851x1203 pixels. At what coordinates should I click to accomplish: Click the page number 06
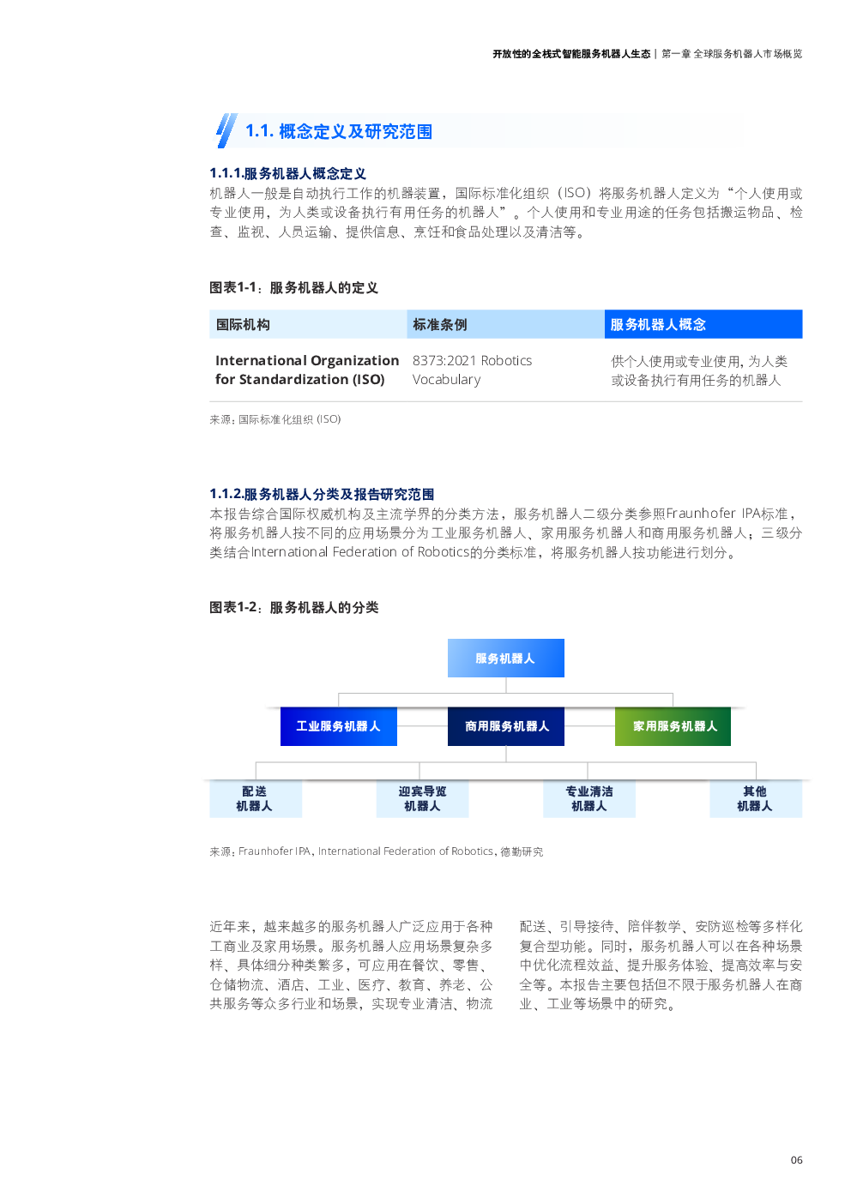tap(796, 1159)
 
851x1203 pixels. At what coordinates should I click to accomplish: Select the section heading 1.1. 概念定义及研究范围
tap(339, 131)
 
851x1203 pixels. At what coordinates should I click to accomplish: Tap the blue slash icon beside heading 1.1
tap(226, 130)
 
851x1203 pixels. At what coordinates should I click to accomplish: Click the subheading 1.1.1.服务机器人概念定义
tap(287, 173)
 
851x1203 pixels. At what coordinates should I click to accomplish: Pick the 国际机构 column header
tap(308, 324)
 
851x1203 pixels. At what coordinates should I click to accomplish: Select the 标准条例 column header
tap(505, 324)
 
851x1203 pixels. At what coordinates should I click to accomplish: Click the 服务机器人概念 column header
tap(703, 324)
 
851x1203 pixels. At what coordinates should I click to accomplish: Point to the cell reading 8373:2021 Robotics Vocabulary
tap(472, 370)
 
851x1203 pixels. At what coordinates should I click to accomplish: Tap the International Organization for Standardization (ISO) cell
tap(307, 370)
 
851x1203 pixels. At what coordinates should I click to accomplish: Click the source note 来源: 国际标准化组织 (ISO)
tap(275, 419)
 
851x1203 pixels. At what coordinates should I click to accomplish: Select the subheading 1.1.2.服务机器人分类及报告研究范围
tap(322, 494)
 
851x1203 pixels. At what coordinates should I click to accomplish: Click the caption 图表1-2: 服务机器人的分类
tap(294, 607)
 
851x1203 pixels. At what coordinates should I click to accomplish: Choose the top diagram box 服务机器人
tap(505, 658)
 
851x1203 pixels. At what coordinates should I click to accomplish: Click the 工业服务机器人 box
tap(339, 726)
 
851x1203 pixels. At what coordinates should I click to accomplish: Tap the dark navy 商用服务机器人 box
tap(505, 726)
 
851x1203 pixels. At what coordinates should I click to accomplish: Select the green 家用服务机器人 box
tap(673, 726)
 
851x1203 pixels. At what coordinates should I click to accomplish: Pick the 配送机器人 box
tap(256, 798)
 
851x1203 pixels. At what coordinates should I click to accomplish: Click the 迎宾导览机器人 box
tap(422, 798)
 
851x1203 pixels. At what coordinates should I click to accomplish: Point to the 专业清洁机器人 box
tap(588, 798)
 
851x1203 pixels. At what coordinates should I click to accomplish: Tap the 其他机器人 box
tap(756, 798)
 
